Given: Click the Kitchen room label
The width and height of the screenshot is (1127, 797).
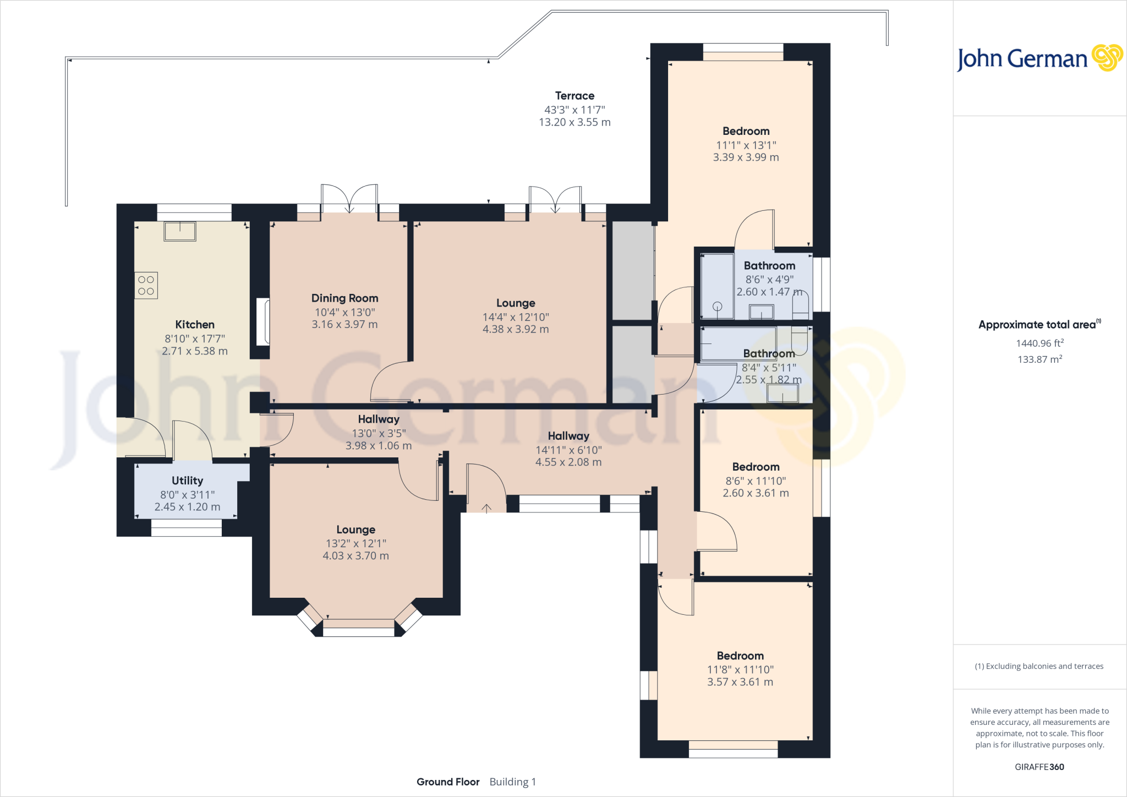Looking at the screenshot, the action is click(x=195, y=325).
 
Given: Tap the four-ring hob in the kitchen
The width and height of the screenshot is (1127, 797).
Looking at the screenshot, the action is click(x=146, y=286).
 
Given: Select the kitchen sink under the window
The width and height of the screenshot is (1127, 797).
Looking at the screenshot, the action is click(x=180, y=231).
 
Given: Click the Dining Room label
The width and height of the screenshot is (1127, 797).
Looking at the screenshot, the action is click(x=345, y=298).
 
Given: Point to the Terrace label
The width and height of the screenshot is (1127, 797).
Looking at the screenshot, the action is click(x=575, y=96).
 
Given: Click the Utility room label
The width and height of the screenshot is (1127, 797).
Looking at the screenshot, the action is click(x=187, y=481).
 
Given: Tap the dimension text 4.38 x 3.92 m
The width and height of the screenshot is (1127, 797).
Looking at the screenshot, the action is click(x=516, y=329).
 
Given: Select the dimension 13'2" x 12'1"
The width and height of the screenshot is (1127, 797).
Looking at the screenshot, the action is click(x=356, y=543).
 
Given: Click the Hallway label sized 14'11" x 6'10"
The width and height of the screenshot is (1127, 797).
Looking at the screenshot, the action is click(x=568, y=436).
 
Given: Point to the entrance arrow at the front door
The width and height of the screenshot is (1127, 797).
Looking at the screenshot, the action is click(x=486, y=509).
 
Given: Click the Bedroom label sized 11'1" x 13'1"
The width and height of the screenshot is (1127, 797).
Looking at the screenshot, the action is click(x=746, y=131).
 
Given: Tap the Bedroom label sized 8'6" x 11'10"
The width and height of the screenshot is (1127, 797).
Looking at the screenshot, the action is click(x=756, y=467).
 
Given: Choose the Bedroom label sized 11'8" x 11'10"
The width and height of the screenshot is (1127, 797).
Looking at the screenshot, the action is click(x=740, y=656).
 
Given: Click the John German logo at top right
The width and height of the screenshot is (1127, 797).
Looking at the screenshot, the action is click(x=1040, y=58).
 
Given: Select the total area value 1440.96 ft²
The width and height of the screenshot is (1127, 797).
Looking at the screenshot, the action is click(x=1040, y=343).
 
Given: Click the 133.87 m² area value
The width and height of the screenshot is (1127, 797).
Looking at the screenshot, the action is click(x=1040, y=359).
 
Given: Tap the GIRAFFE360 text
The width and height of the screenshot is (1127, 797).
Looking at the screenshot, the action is click(x=1040, y=767).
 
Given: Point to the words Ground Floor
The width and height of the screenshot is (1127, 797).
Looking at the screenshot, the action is click(x=448, y=782).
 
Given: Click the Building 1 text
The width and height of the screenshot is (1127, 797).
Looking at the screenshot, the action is click(x=513, y=782).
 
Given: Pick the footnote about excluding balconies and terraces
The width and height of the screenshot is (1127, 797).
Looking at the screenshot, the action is click(x=1040, y=666).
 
